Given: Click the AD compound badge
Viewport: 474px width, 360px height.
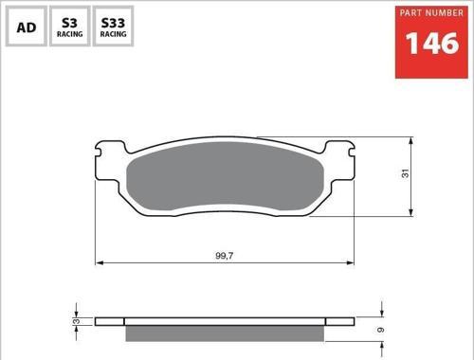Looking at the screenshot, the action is tap(27, 26).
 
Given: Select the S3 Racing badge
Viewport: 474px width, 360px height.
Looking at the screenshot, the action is tap(70, 26).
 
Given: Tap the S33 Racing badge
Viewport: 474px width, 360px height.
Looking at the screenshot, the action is tap(113, 26).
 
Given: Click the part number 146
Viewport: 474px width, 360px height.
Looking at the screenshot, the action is tap(431, 44).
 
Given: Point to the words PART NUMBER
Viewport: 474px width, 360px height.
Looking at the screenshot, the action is tap(431, 13).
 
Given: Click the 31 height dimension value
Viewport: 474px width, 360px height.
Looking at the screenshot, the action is tap(405, 173).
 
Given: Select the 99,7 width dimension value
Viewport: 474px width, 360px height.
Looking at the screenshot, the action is tap(225, 256).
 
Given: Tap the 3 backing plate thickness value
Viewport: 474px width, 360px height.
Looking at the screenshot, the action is tap(76, 321).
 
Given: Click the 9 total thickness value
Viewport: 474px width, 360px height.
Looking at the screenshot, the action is tap(381, 330).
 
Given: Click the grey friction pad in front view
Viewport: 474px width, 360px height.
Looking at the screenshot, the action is tap(225, 176).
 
